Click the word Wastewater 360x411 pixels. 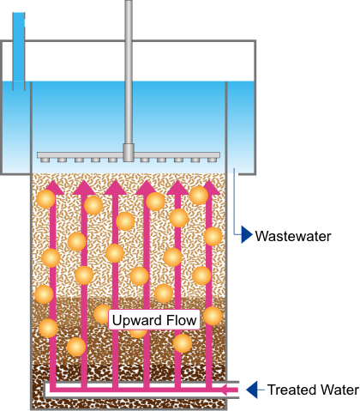coord(293,236)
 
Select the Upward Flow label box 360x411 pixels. coord(154,320)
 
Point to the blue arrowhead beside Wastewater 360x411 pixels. coord(247,234)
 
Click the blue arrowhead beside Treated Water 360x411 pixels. coord(252,390)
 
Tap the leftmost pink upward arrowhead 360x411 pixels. coord(53,188)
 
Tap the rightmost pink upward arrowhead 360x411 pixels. coord(209,188)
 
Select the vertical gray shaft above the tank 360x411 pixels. coord(129,72)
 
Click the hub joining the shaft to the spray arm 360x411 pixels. coord(129,153)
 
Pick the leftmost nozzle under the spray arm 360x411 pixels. coord(45,160)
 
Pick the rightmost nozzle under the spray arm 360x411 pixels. coord(211,160)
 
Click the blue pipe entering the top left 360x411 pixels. coord(19,51)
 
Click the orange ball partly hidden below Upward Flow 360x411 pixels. coord(138,333)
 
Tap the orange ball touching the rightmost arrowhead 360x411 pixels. coord(199,196)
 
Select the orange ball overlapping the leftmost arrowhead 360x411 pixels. coord(45,199)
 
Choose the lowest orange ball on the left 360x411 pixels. coord(76,347)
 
